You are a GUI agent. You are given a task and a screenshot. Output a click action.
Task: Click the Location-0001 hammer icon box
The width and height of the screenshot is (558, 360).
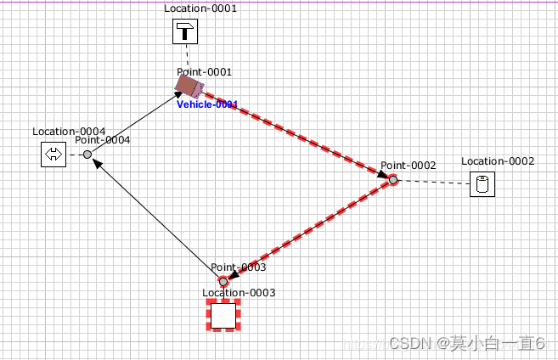(185, 33)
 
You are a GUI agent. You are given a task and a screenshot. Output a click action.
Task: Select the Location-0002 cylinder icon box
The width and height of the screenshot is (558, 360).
(482, 184)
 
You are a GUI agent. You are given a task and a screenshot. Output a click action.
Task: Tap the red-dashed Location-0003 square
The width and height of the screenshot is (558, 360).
(223, 315)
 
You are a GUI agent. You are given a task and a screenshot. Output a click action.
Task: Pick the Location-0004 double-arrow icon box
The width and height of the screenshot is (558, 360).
(54, 155)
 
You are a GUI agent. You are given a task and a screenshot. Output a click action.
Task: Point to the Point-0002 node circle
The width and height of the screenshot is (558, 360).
(392, 179)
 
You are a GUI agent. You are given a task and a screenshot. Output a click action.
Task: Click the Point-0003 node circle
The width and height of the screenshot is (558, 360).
(223, 281)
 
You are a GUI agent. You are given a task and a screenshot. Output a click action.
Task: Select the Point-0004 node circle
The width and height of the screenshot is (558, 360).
(87, 154)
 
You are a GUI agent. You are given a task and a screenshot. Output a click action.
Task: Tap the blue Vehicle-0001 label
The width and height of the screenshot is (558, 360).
(207, 104)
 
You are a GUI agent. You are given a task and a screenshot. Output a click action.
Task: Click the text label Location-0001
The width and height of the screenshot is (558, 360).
(200, 8)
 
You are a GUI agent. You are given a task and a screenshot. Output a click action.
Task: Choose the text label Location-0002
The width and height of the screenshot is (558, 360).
(498, 161)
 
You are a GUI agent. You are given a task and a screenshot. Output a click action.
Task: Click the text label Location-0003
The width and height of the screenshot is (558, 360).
(239, 293)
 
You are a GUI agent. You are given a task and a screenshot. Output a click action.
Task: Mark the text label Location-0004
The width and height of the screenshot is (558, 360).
(69, 132)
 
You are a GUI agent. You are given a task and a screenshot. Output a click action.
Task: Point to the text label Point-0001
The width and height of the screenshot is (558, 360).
(204, 72)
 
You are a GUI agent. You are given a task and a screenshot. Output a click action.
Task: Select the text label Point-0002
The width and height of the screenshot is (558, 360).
(408, 166)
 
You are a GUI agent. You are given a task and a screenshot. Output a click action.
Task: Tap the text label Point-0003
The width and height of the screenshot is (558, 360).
(239, 267)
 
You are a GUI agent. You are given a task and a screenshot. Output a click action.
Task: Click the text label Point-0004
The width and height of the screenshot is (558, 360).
(103, 140)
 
